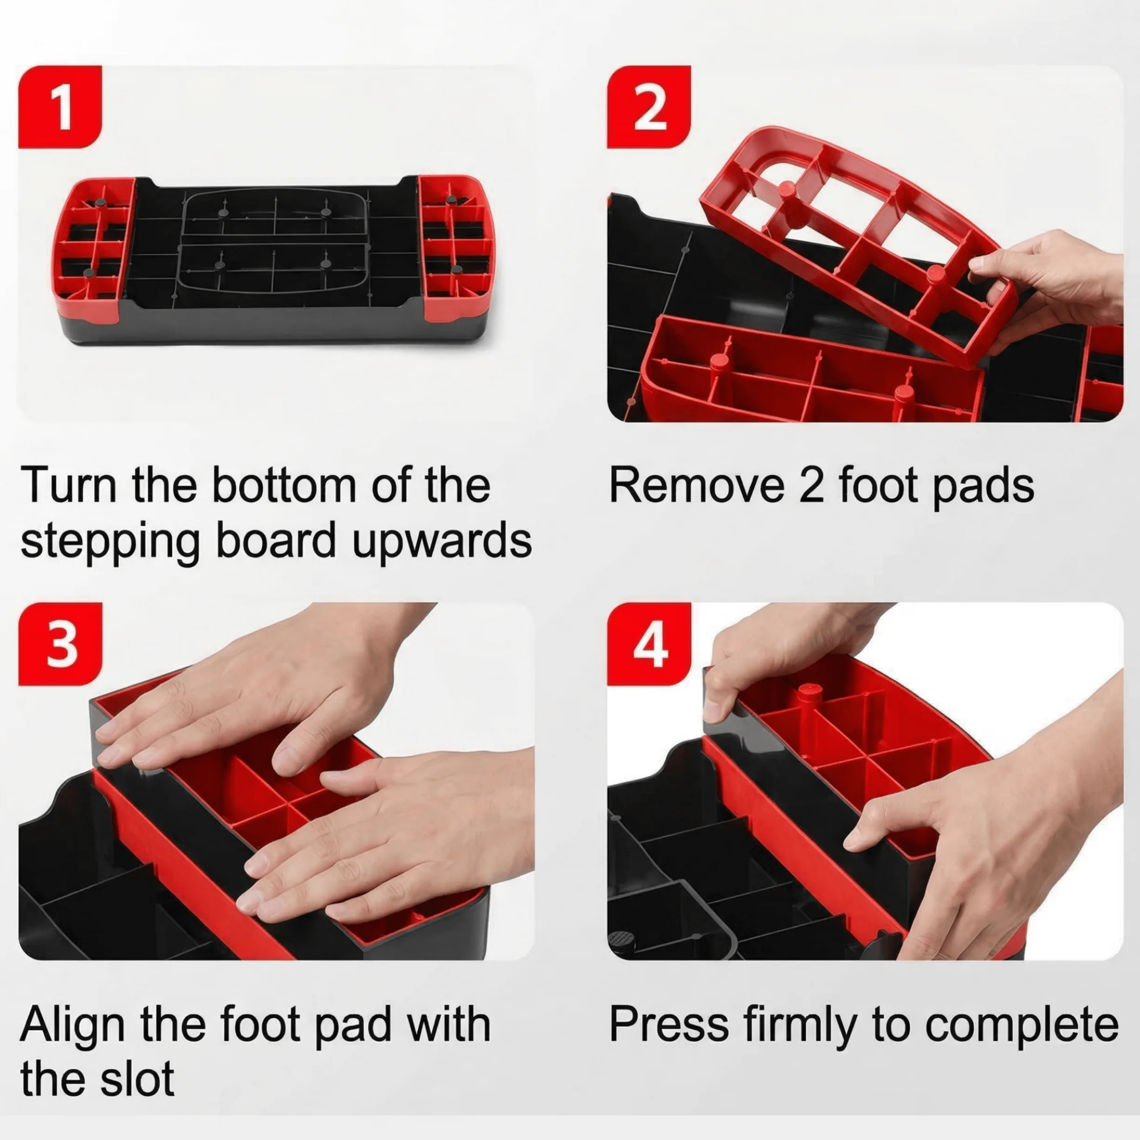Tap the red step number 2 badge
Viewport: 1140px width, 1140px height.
pyautogui.click(x=649, y=107)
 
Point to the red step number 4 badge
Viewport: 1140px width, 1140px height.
pyautogui.click(x=649, y=644)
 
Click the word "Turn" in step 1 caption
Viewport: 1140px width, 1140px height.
pyautogui.click(x=70, y=485)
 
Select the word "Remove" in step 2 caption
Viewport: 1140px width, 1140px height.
pyautogui.click(x=697, y=485)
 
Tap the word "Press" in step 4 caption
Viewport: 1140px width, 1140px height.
pyautogui.click(x=669, y=1025)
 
